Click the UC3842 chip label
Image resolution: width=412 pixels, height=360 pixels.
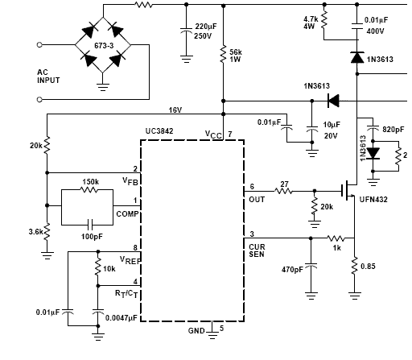click(x=159, y=131)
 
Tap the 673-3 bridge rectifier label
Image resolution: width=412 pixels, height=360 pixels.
click(x=104, y=46)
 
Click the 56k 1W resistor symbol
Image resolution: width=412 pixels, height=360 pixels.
click(x=223, y=55)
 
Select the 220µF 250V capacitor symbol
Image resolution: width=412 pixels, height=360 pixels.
click(x=187, y=30)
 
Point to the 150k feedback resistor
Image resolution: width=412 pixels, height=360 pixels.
click(x=89, y=190)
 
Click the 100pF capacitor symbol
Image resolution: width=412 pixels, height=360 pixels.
click(x=90, y=225)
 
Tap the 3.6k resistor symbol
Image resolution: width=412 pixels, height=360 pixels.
click(x=47, y=231)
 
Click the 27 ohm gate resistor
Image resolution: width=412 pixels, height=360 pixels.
click(x=283, y=191)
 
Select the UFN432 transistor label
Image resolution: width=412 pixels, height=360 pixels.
click(x=373, y=200)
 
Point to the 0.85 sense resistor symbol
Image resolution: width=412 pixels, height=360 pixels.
click(x=355, y=266)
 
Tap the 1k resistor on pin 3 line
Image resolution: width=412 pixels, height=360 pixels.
click(x=336, y=238)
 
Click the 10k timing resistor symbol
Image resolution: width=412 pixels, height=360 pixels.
click(x=98, y=267)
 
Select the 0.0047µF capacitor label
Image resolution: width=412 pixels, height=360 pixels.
click(x=122, y=318)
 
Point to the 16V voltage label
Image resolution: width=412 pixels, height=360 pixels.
click(x=175, y=110)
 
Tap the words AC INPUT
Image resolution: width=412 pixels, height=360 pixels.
click(x=48, y=77)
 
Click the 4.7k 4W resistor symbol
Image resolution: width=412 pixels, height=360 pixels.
click(x=324, y=19)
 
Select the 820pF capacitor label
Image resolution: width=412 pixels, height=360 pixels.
click(x=393, y=130)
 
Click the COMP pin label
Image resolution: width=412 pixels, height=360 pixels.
click(x=127, y=214)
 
